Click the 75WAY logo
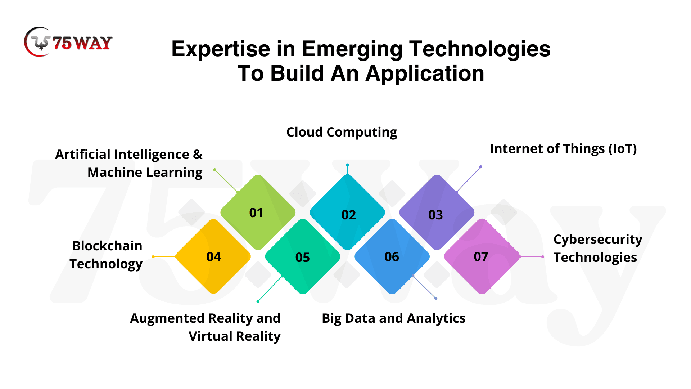coord(68,42)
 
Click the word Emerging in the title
coord(352,49)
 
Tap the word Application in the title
coord(425,74)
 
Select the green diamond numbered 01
coord(258,212)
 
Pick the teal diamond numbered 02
coord(347,212)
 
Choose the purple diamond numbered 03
coord(437,212)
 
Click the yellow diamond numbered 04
coord(213,256)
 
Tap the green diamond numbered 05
coord(303,256)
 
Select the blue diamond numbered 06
coord(392,256)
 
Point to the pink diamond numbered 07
coord(482,256)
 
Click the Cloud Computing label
coord(342,133)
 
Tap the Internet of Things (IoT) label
coord(563,149)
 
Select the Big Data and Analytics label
coord(394,318)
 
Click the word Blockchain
coord(107,246)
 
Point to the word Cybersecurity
coord(598,240)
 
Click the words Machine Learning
coord(145,173)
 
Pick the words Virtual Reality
coord(235,336)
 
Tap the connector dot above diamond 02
coord(347,165)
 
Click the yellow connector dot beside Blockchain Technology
coord(153,257)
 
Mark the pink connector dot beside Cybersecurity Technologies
coord(543,257)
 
